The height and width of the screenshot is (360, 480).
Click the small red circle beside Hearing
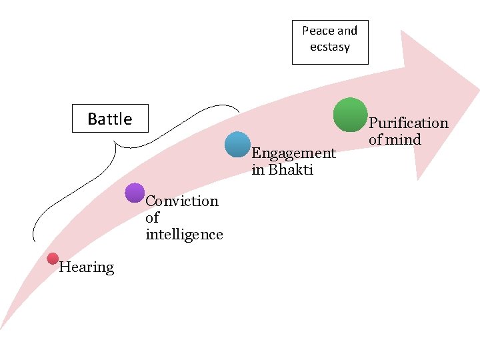[x=53, y=259]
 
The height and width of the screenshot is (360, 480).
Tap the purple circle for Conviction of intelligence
[x=135, y=193]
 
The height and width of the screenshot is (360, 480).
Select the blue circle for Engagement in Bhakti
[x=237, y=145]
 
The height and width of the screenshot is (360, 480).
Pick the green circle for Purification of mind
[x=350, y=115]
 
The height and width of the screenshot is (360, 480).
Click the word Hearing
[x=87, y=267]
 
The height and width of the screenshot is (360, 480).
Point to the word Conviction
[x=181, y=201]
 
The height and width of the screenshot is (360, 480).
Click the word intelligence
[x=184, y=234]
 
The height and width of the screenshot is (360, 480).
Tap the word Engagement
[x=293, y=153]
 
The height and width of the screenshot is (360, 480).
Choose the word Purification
[x=408, y=123]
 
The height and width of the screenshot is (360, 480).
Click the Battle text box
[x=110, y=119]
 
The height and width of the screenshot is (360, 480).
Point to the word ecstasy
[x=329, y=47]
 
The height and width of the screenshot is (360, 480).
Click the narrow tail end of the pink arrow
[x=2, y=327]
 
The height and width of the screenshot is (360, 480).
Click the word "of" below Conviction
[x=152, y=217]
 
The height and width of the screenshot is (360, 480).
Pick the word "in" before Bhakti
[x=257, y=169]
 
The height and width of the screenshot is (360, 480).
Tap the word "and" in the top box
[x=347, y=31]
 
